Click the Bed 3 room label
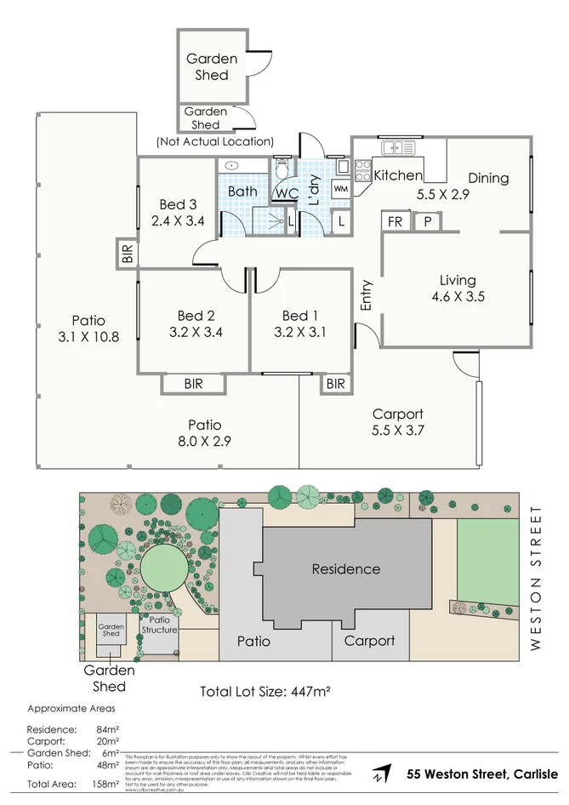[x=179, y=204]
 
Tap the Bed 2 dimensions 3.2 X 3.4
[x=196, y=332]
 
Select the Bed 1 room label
[x=300, y=316]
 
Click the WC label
[x=285, y=193]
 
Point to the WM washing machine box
[x=340, y=188]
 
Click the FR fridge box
[x=395, y=221]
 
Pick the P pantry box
[x=427, y=221]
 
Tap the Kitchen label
[x=398, y=175]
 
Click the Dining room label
[x=487, y=178]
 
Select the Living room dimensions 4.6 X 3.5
[x=458, y=297]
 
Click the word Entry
[x=367, y=295]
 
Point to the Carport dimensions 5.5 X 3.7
[x=398, y=431]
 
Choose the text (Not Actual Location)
[x=215, y=141]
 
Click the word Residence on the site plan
[x=345, y=568]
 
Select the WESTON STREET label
[x=535, y=579]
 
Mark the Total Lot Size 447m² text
[x=265, y=691]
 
